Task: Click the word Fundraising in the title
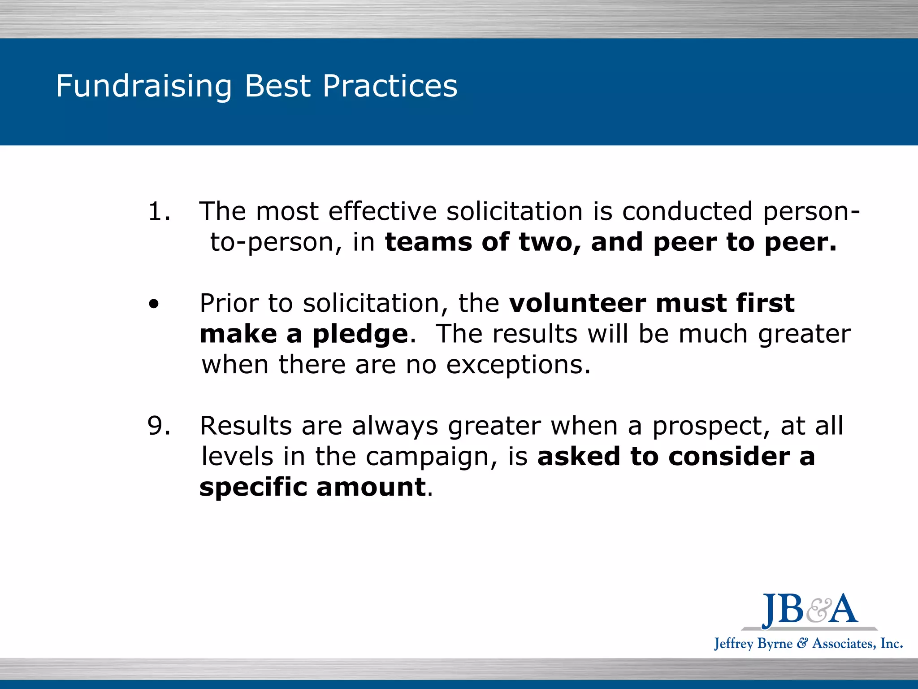click(x=143, y=86)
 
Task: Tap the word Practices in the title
click(x=390, y=86)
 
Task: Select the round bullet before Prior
click(x=154, y=305)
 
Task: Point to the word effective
click(x=382, y=211)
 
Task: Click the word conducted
click(x=687, y=211)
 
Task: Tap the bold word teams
click(x=429, y=242)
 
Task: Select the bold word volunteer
click(x=577, y=303)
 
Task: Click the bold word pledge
click(x=360, y=335)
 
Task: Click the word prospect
click(x=711, y=427)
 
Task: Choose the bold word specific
click(x=253, y=487)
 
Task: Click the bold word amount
click(x=371, y=487)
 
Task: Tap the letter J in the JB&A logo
click(x=770, y=610)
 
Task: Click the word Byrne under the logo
click(x=775, y=644)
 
